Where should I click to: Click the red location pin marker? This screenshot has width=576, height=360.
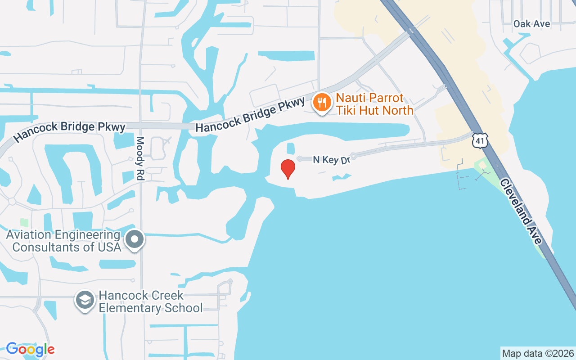tap(288, 169)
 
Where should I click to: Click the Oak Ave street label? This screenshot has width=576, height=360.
tap(532, 24)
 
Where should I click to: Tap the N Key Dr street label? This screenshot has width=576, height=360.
tap(331, 160)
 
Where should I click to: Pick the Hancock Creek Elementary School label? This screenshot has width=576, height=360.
tap(150, 301)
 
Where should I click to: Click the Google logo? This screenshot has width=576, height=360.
tap(30, 349)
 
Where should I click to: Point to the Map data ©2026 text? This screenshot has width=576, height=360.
tap(538, 353)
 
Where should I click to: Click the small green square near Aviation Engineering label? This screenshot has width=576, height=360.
tap(24, 223)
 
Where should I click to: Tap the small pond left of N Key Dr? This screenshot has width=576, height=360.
tap(291, 148)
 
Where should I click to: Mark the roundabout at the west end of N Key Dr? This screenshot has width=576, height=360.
tap(300, 158)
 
